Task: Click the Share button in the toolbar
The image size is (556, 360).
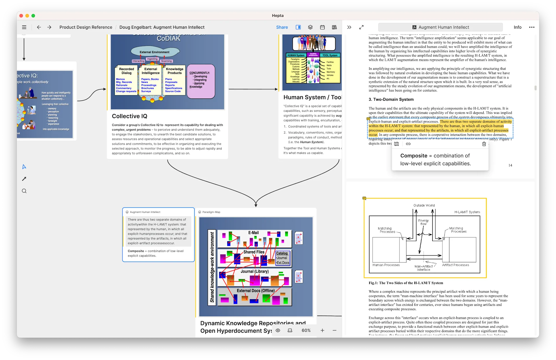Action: point(282,27)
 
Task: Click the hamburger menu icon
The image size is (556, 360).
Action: point(24,27)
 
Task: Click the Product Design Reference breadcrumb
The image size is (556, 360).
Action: point(86,27)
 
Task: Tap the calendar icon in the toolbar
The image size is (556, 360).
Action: point(322,27)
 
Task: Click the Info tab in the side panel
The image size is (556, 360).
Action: point(517,27)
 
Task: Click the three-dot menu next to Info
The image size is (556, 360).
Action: point(532,27)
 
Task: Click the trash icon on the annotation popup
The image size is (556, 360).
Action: point(484,144)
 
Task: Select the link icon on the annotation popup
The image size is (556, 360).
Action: point(408,144)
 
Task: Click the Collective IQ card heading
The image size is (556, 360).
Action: point(129,116)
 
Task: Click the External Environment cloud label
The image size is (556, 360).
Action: point(154,52)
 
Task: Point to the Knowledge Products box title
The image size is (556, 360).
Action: point(175,71)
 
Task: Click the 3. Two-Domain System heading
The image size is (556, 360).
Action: point(391,99)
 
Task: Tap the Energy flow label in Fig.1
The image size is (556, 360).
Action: point(423,222)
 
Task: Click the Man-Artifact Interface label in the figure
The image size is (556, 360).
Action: point(423,268)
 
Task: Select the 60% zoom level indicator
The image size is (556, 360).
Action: point(306,330)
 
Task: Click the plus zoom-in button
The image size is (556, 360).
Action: point(322,330)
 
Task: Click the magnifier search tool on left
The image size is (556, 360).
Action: point(24,191)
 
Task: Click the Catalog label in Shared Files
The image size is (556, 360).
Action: point(282,253)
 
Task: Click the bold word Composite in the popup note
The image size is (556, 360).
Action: point(414,156)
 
